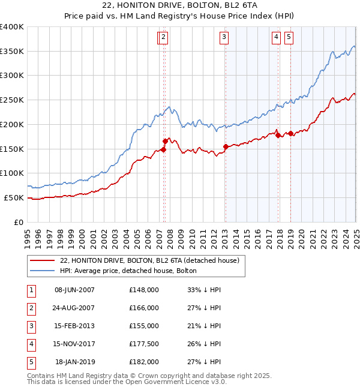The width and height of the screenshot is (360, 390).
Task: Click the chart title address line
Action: coord(180,5)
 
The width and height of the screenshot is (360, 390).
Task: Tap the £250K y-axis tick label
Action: coord(12,100)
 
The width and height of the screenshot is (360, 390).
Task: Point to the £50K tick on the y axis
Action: coord(14,197)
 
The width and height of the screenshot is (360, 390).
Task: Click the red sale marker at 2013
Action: coord(226,146)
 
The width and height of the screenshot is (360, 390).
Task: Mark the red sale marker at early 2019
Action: coord(290,133)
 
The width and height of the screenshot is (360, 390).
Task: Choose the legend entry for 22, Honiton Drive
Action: coord(149,260)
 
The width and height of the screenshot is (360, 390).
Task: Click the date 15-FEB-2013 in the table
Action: coord(74,326)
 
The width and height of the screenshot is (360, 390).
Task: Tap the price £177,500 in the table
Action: coord(144,344)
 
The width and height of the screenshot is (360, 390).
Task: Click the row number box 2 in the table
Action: coord(31,308)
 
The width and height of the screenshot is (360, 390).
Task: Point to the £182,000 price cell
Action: coord(144,362)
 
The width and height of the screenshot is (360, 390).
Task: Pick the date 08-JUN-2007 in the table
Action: coord(74,290)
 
